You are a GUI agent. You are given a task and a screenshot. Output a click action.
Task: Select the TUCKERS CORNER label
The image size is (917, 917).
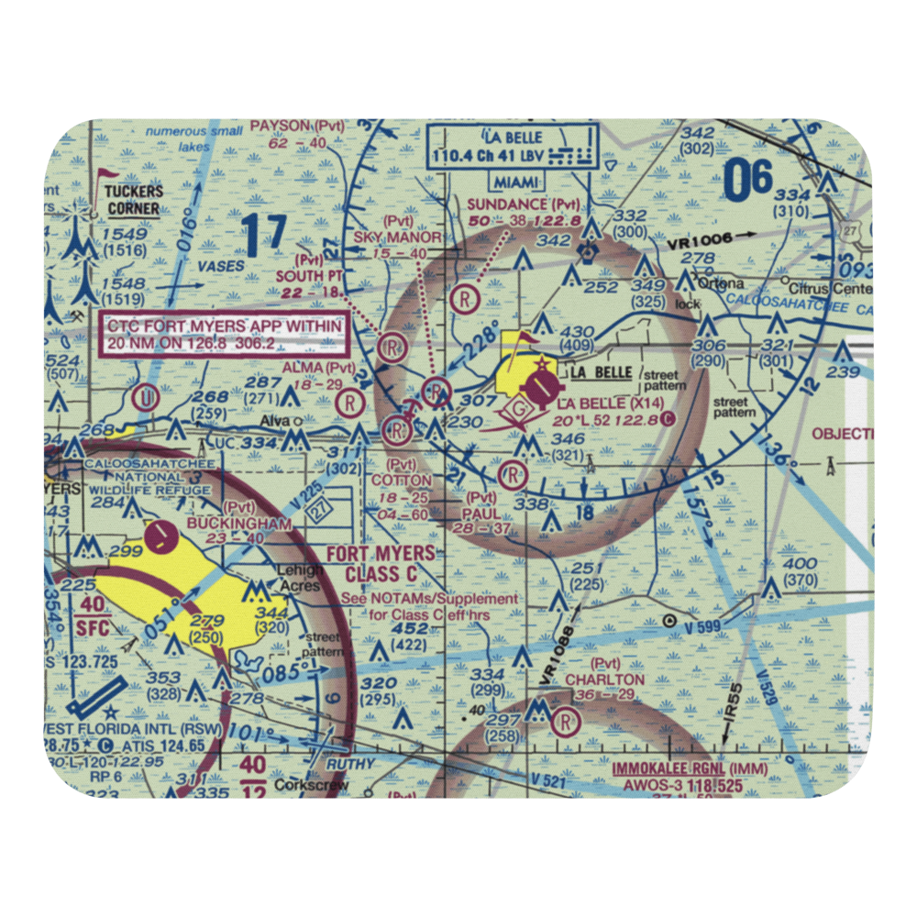click(x=132, y=200)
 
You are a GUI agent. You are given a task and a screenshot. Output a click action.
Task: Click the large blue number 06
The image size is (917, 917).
click(x=748, y=181)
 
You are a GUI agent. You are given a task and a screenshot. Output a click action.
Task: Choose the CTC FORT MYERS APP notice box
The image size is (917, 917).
click(x=225, y=334)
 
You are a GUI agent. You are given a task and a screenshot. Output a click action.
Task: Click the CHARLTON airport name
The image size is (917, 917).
click(x=604, y=679)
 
